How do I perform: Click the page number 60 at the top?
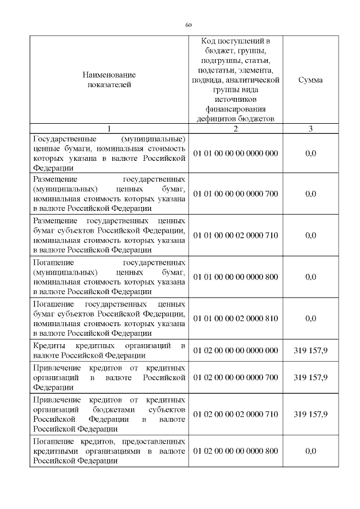188,25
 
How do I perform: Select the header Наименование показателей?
109,80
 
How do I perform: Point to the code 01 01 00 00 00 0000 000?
236,153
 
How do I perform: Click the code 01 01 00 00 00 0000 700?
236,194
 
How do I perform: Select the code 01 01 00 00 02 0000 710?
236,236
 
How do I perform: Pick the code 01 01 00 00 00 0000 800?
236,277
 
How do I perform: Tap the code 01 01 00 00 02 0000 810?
236,318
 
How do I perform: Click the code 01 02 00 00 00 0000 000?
236,350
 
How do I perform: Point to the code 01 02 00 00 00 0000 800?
236,451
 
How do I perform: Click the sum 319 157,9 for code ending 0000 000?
310,350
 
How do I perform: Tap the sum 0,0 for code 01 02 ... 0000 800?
310,451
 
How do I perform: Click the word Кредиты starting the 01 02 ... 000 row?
49,345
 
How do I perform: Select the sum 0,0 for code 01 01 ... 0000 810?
310,318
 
